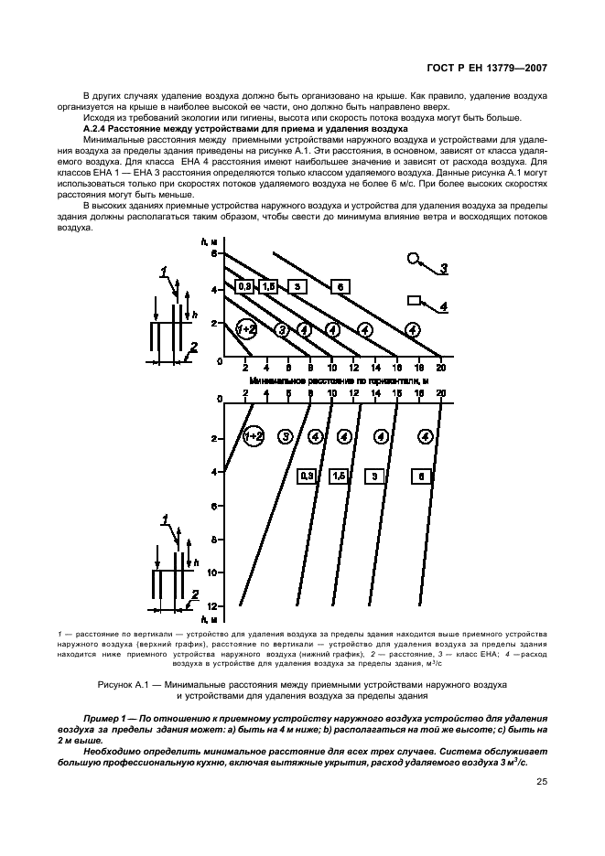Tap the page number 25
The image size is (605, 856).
[x=540, y=782]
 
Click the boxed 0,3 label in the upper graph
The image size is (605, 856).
[x=244, y=287]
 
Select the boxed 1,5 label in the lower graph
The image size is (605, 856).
[x=338, y=476]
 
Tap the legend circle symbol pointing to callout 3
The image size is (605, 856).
[x=415, y=259]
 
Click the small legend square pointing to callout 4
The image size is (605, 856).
[x=414, y=300]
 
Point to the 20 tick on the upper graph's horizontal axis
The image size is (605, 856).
[x=440, y=368]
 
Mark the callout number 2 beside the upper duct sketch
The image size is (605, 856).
[x=192, y=348]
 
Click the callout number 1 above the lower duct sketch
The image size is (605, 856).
[x=165, y=520]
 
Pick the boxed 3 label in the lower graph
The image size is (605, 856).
[x=374, y=476]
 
